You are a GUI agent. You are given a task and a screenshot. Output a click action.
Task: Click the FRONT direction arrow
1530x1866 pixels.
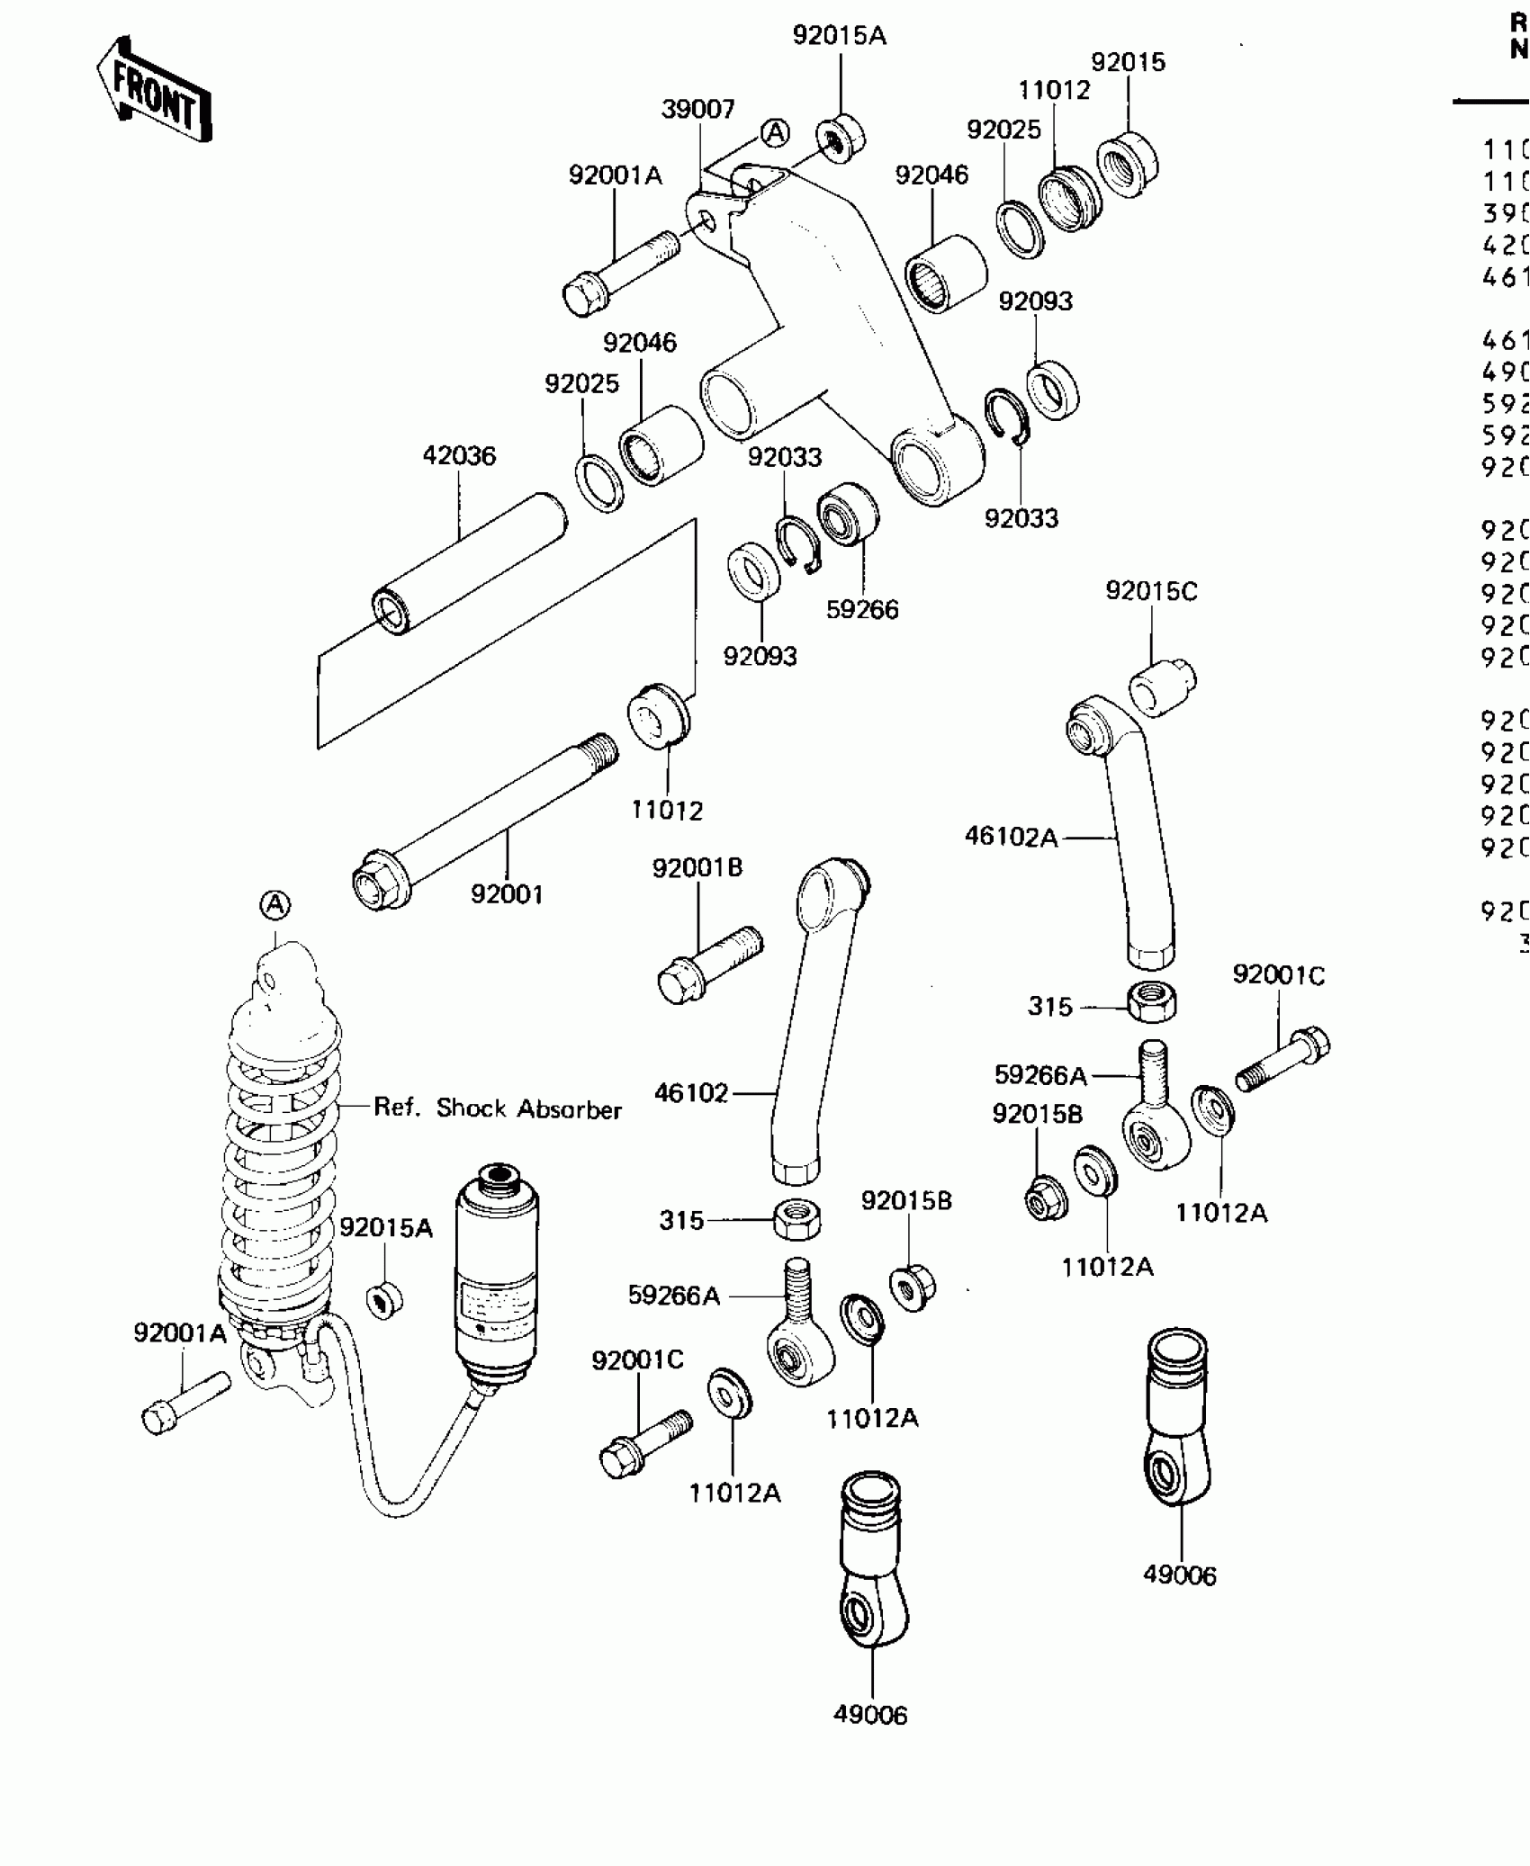click(x=155, y=91)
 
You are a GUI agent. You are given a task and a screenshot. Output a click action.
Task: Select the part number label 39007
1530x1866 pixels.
click(x=697, y=109)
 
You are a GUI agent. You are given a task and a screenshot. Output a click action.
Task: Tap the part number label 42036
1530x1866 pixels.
click(x=459, y=455)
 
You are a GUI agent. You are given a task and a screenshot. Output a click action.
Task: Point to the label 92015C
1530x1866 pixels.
click(x=1151, y=591)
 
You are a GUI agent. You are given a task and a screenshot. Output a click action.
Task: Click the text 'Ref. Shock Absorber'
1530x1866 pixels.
click(x=498, y=1108)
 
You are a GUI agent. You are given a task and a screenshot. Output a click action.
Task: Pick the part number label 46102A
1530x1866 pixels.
click(x=1011, y=837)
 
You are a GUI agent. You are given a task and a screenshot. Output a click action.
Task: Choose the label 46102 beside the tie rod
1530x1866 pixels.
click(x=691, y=1093)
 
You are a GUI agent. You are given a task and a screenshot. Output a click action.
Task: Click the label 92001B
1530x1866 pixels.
click(x=697, y=868)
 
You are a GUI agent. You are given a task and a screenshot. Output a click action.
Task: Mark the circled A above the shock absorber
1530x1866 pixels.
click(x=275, y=904)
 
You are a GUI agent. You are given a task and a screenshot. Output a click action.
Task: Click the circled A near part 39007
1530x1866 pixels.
click(x=775, y=133)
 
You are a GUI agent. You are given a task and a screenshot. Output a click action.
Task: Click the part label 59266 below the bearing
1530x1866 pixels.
click(x=862, y=609)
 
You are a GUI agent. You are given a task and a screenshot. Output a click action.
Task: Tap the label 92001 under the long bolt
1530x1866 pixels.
click(x=507, y=894)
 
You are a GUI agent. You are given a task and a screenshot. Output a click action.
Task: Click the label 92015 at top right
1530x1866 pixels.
click(x=1128, y=62)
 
